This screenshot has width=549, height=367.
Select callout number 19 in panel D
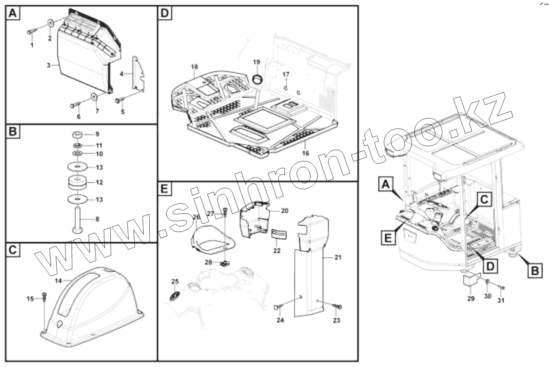[256, 62]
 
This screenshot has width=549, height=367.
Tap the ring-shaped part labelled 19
[257, 78]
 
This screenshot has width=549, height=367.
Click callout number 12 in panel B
[99, 182]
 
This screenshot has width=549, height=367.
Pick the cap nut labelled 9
[78, 134]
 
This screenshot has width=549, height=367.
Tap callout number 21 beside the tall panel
[338, 257]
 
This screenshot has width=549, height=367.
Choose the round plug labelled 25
[174, 296]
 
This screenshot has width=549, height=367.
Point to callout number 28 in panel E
[208, 262]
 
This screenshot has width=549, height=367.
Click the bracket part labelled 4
[138, 74]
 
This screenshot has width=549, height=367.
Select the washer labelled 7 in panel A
[94, 97]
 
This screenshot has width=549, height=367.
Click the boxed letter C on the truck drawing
[485, 200]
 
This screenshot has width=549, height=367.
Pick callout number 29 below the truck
[471, 299]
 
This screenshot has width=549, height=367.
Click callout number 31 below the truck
[501, 300]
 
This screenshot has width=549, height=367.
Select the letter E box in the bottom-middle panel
[164, 189]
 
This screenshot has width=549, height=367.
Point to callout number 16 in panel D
[305, 153]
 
